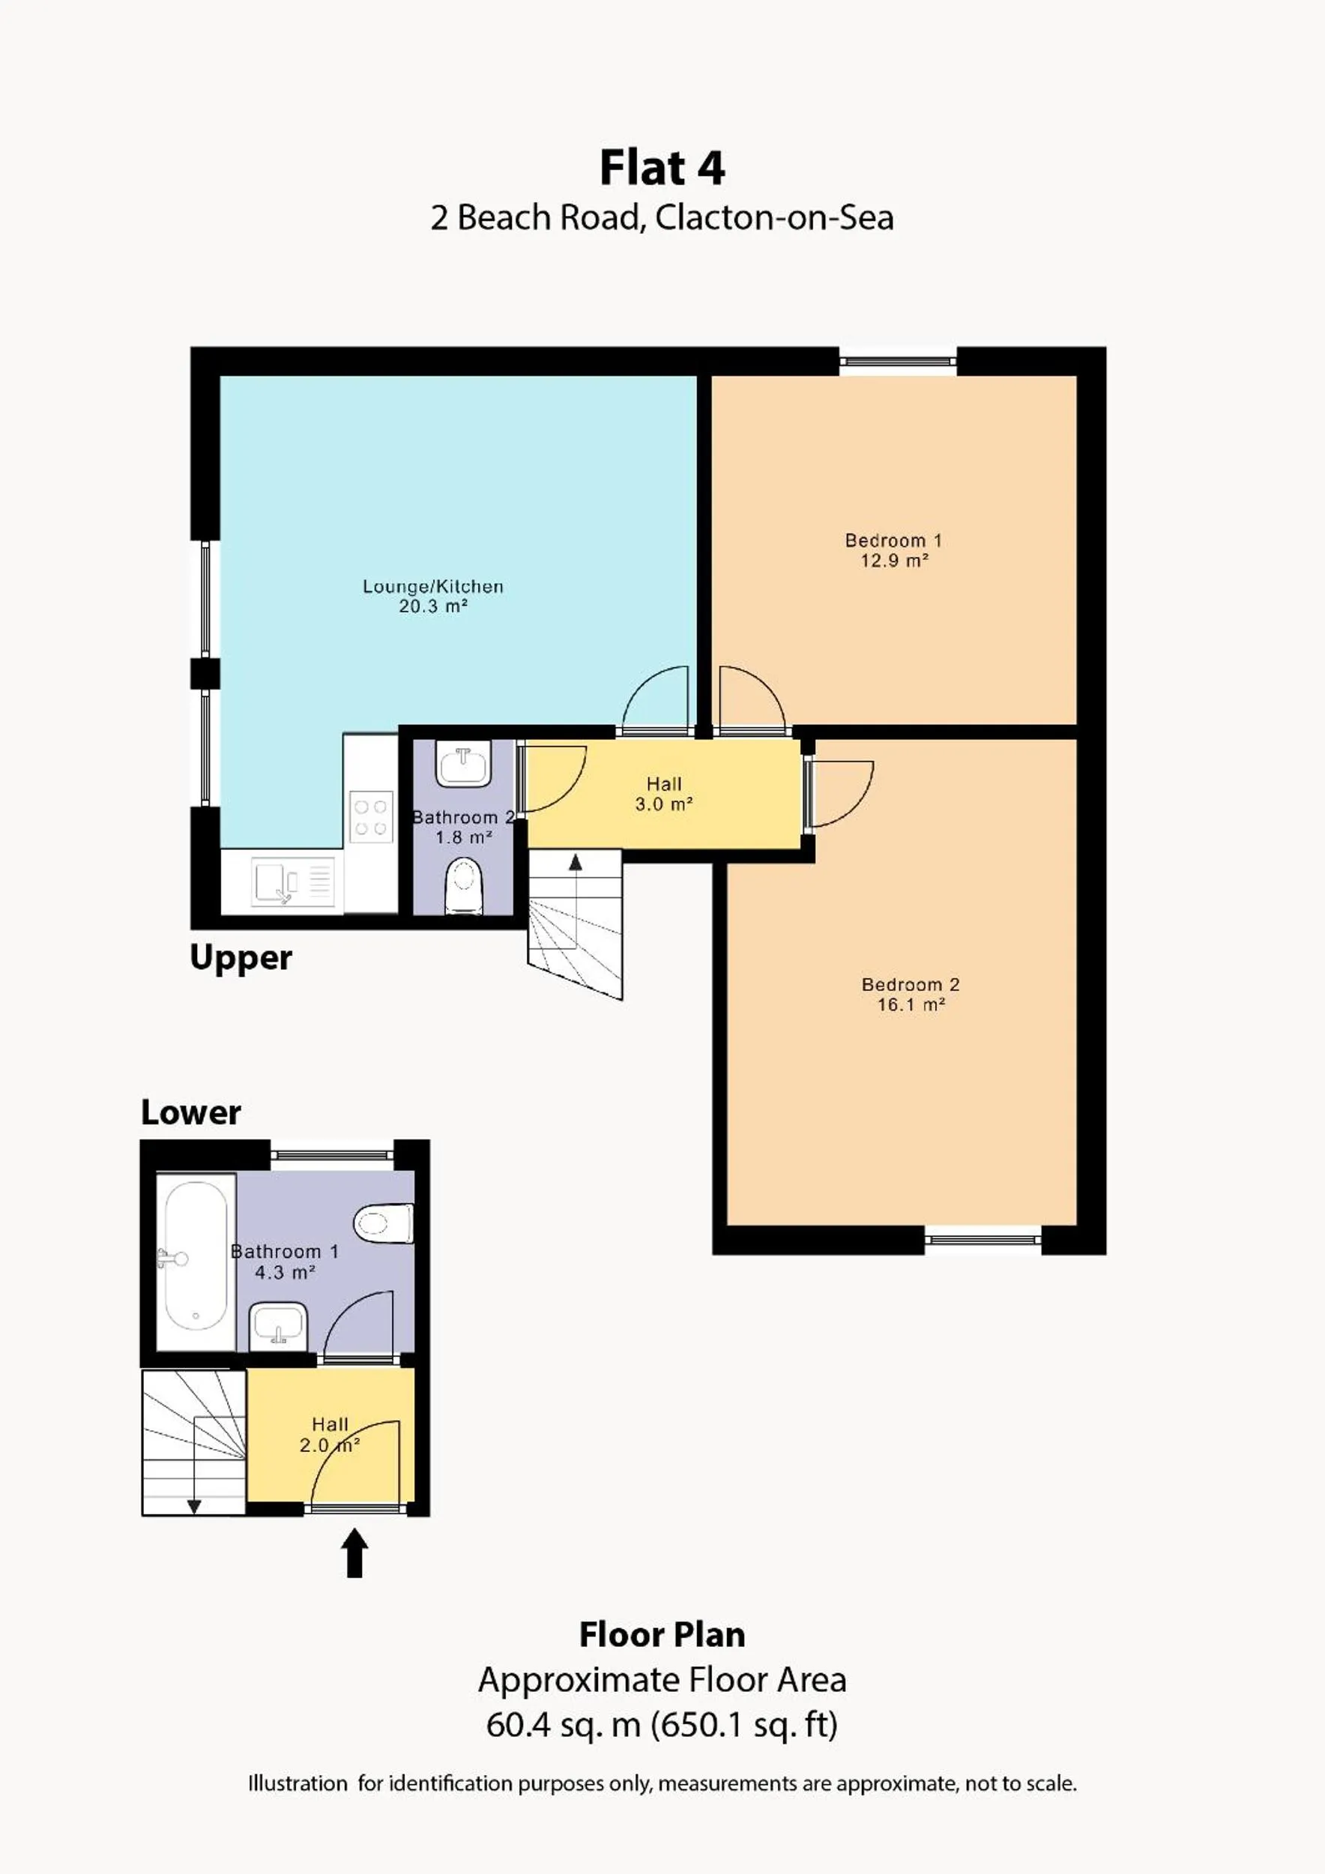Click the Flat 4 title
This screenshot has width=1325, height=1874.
pyautogui.click(x=662, y=168)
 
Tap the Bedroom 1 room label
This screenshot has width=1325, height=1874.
pyautogui.click(x=893, y=540)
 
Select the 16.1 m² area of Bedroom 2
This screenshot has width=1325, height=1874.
pyautogui.click(x=911, y=1004)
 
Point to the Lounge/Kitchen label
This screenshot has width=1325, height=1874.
pyautogui.click(x=432, y=586)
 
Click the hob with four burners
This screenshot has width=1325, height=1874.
pyautogui.click(x=370, y=817)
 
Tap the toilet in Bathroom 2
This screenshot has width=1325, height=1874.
pyautogui.click(x=463, y=886)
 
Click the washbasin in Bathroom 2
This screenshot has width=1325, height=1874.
pyautogui.click(x=462, y=765)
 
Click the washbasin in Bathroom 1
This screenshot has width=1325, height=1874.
pyautogui.click(x=278, y=1322)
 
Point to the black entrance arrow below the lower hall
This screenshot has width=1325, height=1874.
pyautogui.click(x=354, y=1552)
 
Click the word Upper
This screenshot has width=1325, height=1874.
pyautogui.click(x=241, y=957)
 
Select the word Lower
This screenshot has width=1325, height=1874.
pyautogui.click(x=191, y=1112)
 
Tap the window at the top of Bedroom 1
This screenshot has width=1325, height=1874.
pyautogui.click(x=898, y=361)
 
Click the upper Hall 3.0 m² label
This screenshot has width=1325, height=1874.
pyautogui.click(x=663, y=793)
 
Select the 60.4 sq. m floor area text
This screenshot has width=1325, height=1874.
pyautogui.click(x=563, y=1725)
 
